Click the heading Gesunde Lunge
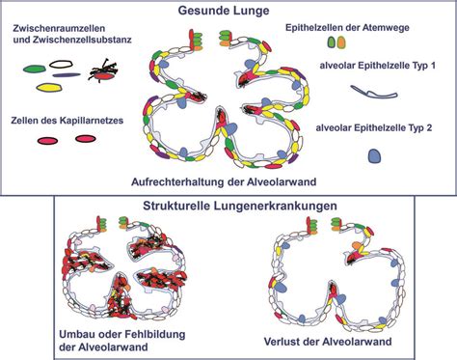coord(228,10)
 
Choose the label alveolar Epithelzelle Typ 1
coord(382,67)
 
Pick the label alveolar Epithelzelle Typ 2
coord(382,126)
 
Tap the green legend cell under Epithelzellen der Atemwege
coord(333,43)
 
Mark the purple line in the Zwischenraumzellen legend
coord(66,73)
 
